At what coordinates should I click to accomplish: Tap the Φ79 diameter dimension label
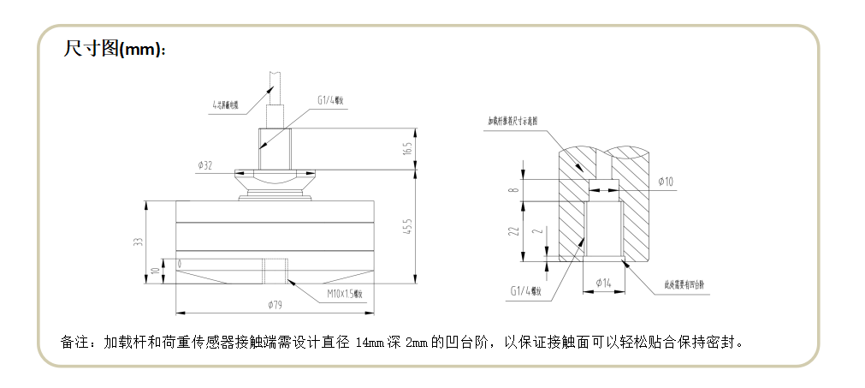point(275,304)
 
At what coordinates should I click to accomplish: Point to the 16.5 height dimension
point(408,148)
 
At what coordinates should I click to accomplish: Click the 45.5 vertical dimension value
point(408,227)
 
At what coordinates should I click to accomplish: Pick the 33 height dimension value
point(137,242)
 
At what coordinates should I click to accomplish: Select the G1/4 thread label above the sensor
point(329,100)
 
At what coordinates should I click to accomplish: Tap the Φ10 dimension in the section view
point(667,182)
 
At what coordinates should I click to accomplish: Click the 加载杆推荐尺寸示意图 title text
point(512,122)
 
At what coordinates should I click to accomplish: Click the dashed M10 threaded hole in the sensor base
point(275,272)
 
